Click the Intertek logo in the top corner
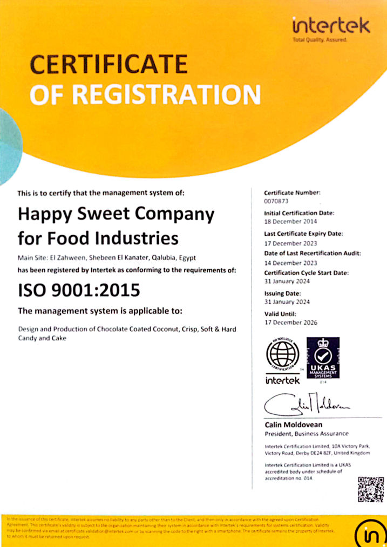click(x=330, y=26)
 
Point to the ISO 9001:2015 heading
click(x=79, y=290)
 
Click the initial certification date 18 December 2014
click(x=290, y=222)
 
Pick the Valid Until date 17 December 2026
click(x=290, y=323)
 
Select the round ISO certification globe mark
click(x=283, y=355)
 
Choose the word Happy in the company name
click(x=42, y=214)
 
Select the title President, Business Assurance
click(x=307, y=434)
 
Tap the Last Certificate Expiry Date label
click(x=304, y=234)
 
